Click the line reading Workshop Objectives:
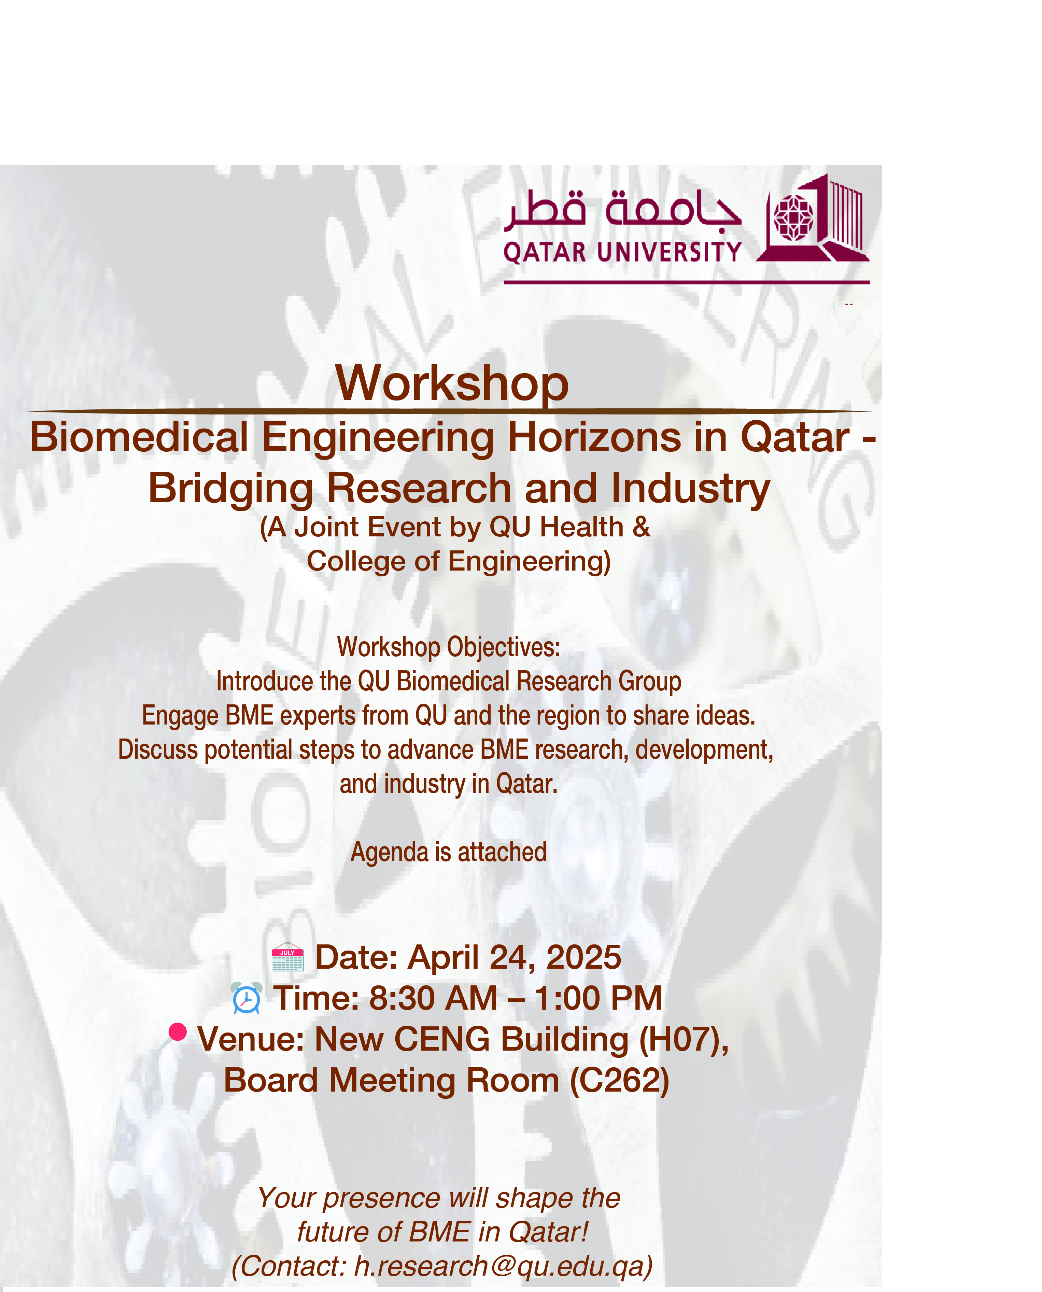[448, 648]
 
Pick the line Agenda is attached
[448, 853]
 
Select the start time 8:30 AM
[433, 998]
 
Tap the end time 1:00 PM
[599, 998]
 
